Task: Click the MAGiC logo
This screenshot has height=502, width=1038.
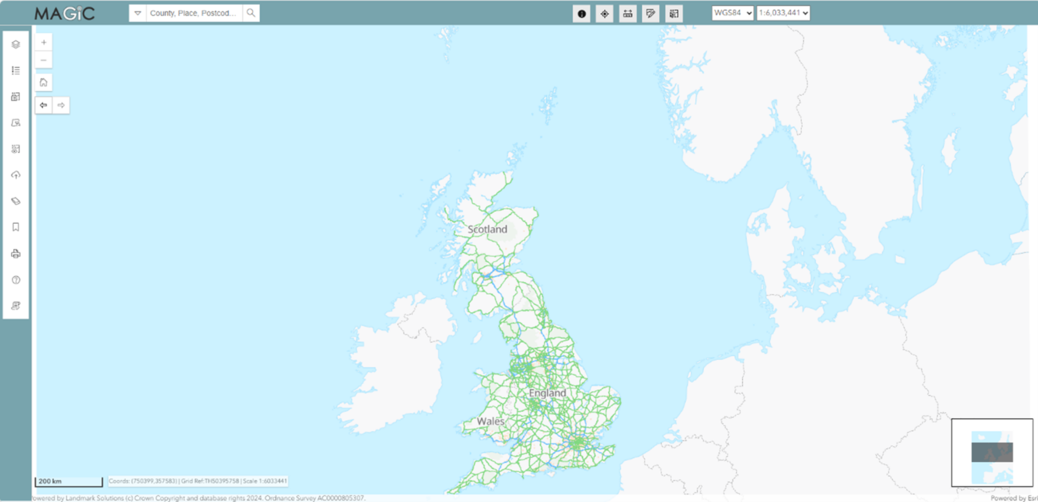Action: point(65,14)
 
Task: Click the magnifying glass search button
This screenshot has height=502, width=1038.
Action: point(251,13)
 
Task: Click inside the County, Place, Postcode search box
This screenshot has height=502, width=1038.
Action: point(193,13)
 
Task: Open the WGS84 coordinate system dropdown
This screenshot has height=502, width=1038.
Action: point(732,13)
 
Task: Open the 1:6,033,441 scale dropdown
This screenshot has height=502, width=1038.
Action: point(783,13)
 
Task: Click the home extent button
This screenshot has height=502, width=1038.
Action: point(43,83)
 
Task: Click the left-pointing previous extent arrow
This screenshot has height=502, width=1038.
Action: point(43,105)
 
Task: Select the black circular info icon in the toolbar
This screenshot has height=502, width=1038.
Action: point(581,14)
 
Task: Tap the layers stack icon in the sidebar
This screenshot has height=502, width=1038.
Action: point(16,45)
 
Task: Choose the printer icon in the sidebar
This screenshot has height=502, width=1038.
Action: point(16,254)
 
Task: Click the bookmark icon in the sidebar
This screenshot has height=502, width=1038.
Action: point(16,227)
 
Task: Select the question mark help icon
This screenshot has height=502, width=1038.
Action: point(16,280)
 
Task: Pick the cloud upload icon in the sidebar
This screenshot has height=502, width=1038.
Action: point(16,175)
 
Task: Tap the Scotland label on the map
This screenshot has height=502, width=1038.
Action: point(487,229)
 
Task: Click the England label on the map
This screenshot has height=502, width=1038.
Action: point(547,393)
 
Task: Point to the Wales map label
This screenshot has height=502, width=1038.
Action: point(491,421)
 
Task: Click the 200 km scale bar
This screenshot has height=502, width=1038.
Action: point(68,482)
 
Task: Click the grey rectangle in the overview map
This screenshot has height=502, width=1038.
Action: point(992,452)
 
